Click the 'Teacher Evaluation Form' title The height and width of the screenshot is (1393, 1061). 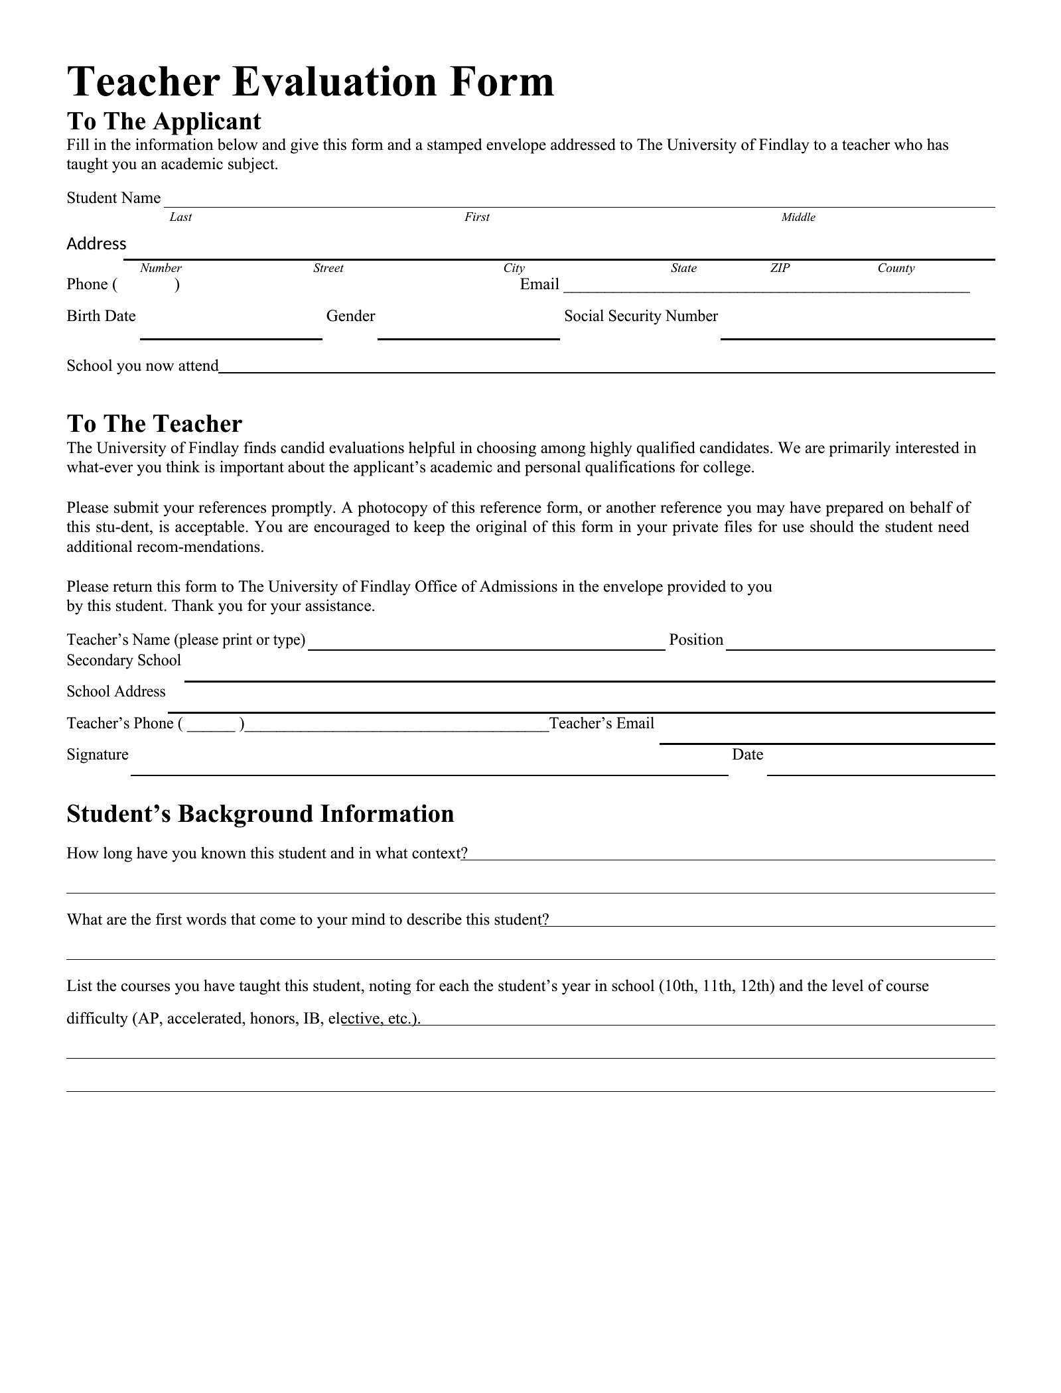click(310, 82)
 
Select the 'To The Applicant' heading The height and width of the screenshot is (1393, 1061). click(164, 121)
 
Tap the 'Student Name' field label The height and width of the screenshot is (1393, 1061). click(113, 198)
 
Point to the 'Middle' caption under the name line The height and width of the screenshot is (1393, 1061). click(798, 218)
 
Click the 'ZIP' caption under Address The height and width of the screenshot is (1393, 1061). click(780, 268)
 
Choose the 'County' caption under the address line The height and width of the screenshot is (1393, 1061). click(896, 268)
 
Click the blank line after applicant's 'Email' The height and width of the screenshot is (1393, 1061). click(766, 287)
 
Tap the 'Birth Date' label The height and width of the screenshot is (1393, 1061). click(101, 316)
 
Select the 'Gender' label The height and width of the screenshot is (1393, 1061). click(350, 316)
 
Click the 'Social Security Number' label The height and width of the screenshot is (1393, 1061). click(641, 316)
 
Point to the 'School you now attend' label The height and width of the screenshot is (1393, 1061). click(143, 366)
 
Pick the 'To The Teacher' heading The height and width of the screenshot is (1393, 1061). click(155, 424)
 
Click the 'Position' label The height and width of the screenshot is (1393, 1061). click(696, 640)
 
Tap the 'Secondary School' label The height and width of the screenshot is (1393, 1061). click(123, 661)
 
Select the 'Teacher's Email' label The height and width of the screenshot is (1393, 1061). click(602, 724)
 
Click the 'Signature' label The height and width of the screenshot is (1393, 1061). click(98, 755)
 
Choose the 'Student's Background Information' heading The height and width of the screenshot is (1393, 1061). click(260, 814)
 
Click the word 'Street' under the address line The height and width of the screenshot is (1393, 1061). click(328, 268)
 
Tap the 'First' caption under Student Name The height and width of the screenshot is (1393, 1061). click(476, 218)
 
